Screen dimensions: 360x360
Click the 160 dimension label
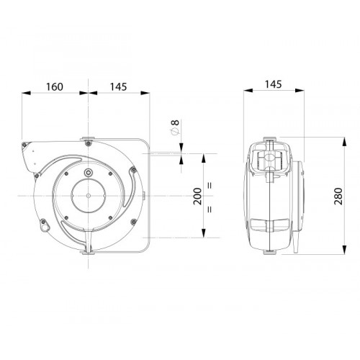tap(55, 87)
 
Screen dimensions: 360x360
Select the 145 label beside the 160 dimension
tap(118, 87)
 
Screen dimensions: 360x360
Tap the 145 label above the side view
tap(273, 84)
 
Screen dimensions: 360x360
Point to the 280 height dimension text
tap(338, 196)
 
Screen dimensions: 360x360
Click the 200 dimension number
tap(197, 196)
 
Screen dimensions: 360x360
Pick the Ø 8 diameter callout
tap(175, 127)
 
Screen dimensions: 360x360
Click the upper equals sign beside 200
tap(210, 186)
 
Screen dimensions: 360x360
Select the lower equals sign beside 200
tap(210, 210)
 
